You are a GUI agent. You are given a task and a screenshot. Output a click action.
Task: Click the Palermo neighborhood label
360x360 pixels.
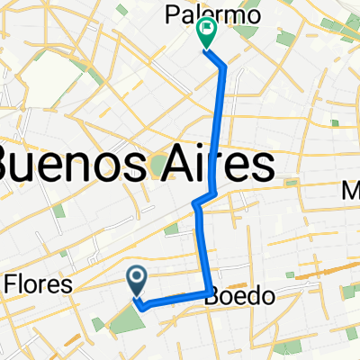click(x=212, y=15)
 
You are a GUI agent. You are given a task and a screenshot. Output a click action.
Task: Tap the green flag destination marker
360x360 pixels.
click(x=206, y=34)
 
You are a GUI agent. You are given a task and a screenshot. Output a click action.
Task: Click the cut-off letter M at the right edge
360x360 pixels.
click(x=351, y=191)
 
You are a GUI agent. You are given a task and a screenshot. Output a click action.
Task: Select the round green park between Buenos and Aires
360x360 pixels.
click(x=159, y=166)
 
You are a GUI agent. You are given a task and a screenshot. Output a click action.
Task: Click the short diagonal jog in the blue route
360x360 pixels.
click(x=203, y=200)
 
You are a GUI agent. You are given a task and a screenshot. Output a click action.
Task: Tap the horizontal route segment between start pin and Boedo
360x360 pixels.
click(x=175, y=299)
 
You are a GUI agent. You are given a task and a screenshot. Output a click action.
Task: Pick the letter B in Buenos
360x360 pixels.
click(x=12, y=166)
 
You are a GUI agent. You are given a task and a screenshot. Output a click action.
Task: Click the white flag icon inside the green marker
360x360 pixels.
click(x=207, y=31)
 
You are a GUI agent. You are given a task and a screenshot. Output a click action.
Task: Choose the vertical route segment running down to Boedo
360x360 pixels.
click(x=202, y=247)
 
